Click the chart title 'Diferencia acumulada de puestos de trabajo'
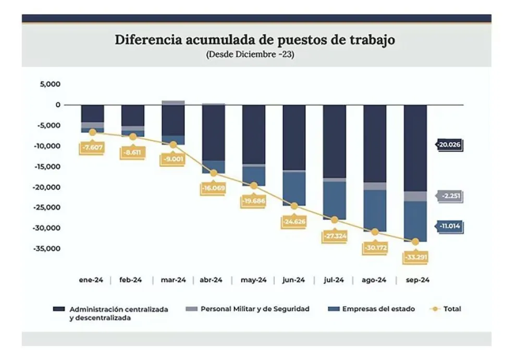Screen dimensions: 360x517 point(255,40)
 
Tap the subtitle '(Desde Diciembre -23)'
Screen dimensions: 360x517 point(250,54)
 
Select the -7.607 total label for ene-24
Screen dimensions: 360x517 point(92,147)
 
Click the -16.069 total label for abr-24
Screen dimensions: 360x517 point(213,189)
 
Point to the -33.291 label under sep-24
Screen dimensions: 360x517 point(415,257)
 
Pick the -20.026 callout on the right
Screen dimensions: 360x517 point(450,145)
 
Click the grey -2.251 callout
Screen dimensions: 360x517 point(450,196)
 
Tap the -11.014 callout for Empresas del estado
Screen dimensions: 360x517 point(450,227)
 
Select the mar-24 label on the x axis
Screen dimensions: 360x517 point(173,280)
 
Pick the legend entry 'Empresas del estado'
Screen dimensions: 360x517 point(378,309)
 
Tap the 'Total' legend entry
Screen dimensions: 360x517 point(452,309)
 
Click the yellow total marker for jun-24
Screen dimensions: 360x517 point(294,206)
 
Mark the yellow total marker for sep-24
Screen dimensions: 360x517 point(415,242)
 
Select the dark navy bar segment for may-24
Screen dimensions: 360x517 point(254,134)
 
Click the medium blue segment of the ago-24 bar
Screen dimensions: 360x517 point(375,210)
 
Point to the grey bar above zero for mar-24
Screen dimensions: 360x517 point(173,103)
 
